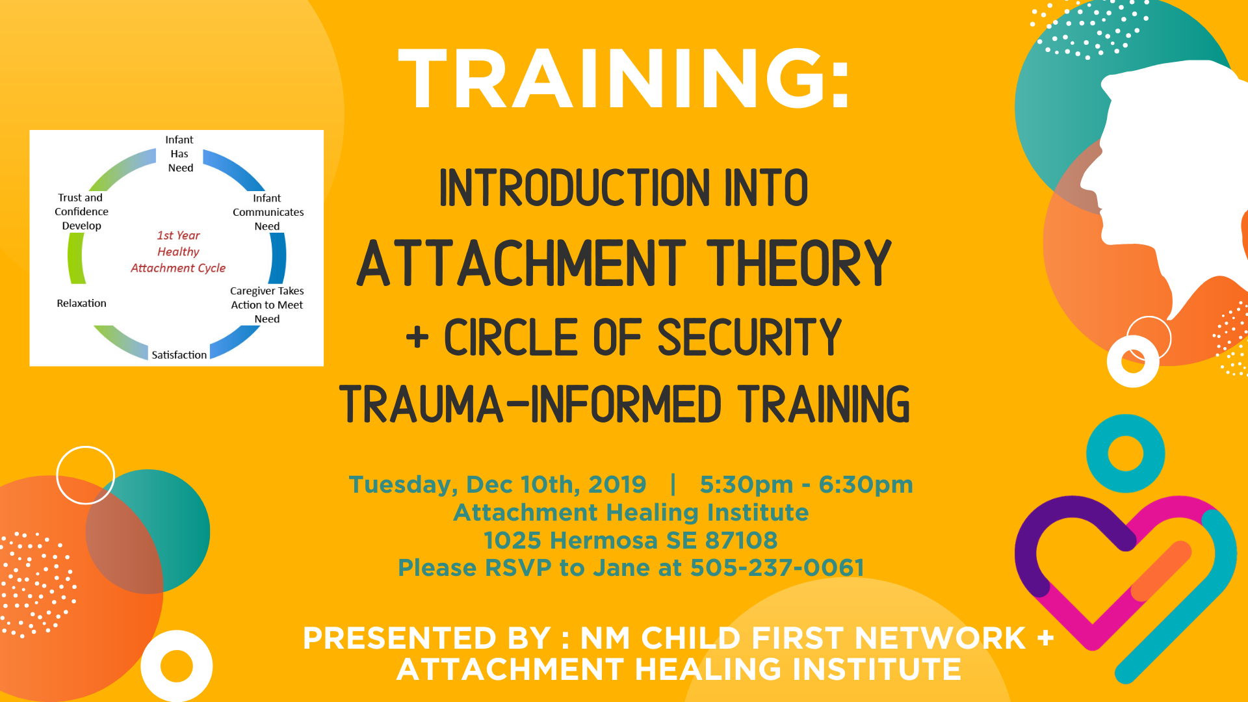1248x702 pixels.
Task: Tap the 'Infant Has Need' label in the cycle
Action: [x=179, y=154]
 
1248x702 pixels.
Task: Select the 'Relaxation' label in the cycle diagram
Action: [x=81, y=304]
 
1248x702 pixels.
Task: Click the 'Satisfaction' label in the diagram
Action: [x=179, y=355]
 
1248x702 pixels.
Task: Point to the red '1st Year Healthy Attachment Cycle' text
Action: [x=178, y=252]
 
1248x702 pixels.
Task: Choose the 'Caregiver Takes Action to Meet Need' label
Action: [x=266, y=305]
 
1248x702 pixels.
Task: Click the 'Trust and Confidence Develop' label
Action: [x=81, y=212]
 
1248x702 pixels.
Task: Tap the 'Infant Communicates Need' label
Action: [x=267, y=213]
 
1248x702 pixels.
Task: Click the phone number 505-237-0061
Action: [x=777, y=567]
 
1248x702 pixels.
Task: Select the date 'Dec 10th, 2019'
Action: [x=556, y=485]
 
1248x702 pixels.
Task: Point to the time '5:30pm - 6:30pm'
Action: [x=806, y=485]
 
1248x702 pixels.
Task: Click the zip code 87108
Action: [x=741, y=540]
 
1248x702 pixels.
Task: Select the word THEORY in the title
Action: [x=799, y=263]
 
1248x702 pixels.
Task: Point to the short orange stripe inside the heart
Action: [x=1161, y=571]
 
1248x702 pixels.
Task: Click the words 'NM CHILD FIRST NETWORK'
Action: [x=803, y=638]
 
